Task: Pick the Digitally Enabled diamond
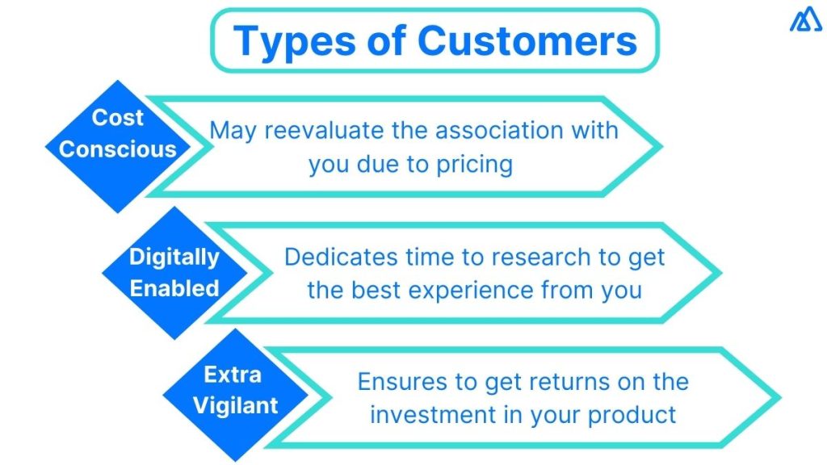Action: [175, 273]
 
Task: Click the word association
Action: [498, 130]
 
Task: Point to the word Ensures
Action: [397, 381]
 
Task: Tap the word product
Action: [632, 415]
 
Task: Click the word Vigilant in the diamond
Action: [233, 405]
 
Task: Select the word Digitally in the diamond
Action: [174, 258]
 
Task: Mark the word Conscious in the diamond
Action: [118, 149]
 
